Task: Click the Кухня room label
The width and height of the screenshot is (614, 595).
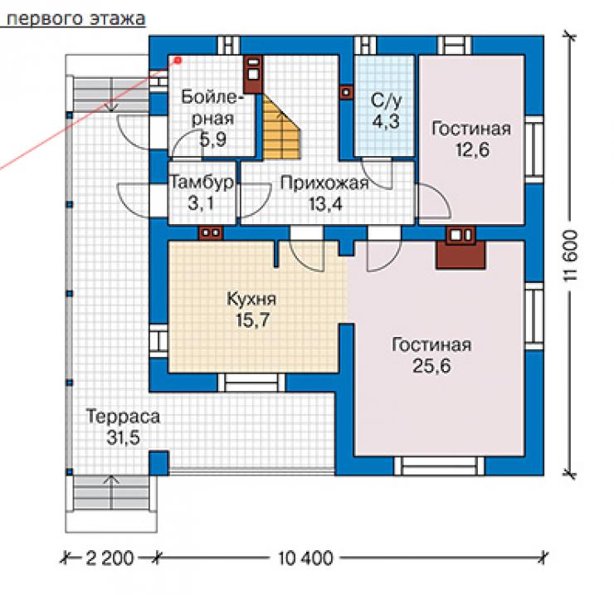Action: click(251, 300)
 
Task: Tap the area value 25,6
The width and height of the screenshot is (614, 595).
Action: click(431, 365)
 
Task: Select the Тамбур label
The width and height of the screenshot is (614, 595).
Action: click(202, 182)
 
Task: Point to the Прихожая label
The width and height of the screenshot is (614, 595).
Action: click(324, 183)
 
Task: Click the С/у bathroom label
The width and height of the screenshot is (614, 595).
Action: click(386, 100)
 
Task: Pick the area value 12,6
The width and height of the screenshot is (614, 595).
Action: click(472, 149)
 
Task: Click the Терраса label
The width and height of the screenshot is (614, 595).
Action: click(123, 417)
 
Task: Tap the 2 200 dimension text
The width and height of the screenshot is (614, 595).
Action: click(110, 558)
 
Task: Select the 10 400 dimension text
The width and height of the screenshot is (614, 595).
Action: click(305, 558)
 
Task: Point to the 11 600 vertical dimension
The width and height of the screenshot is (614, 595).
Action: click(570, 256)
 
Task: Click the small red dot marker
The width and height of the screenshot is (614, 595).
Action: click(178, 61)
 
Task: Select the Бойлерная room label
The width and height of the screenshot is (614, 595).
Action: click(211, 108)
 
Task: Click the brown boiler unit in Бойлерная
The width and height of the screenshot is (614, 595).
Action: click(253, 74)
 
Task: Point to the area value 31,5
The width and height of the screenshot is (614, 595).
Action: click(124, 437)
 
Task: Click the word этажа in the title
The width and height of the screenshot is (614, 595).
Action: click(118, 19)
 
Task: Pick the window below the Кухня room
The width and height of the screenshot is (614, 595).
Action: click(251, 383)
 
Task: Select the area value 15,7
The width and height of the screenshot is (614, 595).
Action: click(252, 320)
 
